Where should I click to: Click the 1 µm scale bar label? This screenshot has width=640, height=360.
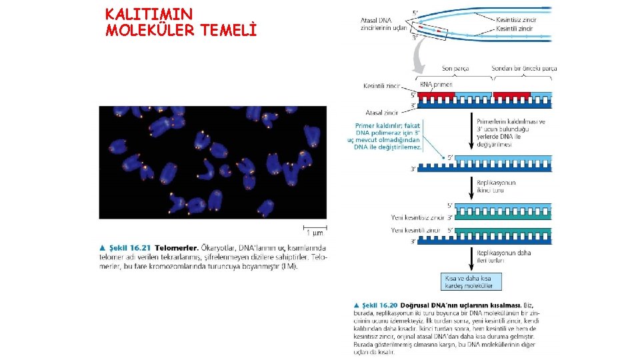coord(315,233)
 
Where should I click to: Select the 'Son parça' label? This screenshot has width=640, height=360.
coord(455,68)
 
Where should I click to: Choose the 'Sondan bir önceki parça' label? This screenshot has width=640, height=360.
coord(524,68)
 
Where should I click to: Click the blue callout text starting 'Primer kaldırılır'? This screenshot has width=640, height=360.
coord(385,135)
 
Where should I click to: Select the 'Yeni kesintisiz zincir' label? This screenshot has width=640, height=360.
coord(417,217)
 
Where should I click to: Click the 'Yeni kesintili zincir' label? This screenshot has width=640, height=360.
coord(416,231)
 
